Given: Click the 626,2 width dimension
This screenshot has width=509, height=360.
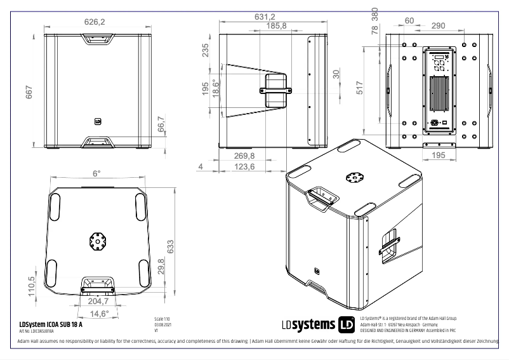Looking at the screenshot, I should pos(95,22).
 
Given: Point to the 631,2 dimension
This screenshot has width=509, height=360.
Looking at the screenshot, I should pos(265,17).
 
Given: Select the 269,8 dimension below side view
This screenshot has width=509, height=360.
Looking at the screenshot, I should pos(244,156).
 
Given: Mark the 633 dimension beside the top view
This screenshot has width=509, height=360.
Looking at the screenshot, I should pos(169,247).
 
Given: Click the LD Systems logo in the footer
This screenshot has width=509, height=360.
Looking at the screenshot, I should pos(317,324).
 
